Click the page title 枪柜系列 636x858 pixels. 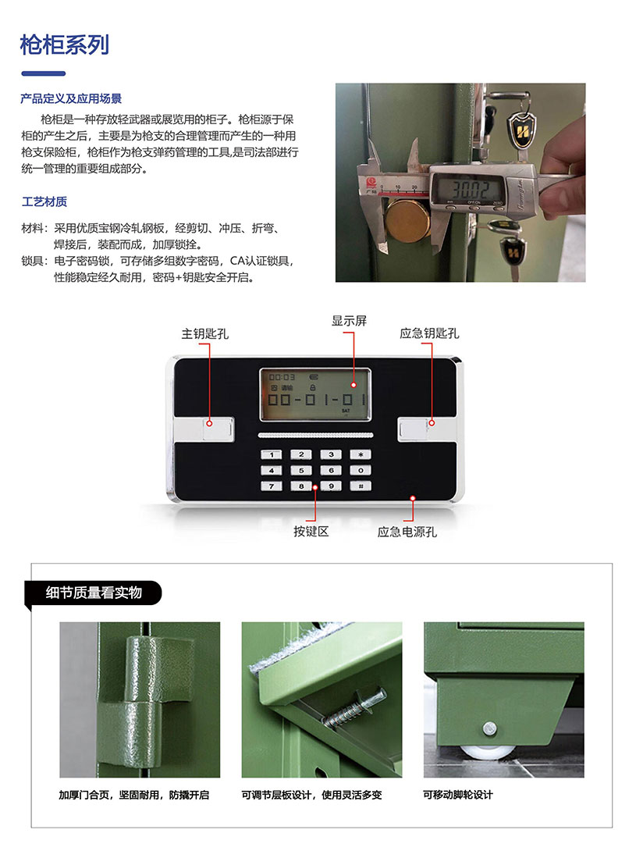[x=65, y=45]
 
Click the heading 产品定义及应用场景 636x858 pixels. [x=71, y=98]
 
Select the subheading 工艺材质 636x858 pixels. [x=44, y=202]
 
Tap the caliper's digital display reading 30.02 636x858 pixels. [x=469, y=190]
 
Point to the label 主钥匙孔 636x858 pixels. [x=205, y=334]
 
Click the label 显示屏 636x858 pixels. [x=349, y=321]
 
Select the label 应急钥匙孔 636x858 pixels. [x=429, y=333]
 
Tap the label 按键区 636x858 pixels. [x=311, y=532]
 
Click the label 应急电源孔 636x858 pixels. [x=407, y=532]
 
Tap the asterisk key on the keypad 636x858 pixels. [x=361, y=454]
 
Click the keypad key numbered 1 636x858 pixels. [x=272, y=454]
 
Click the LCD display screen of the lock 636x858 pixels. [x=315, y=394]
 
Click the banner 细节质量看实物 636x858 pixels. [x=94, y=593]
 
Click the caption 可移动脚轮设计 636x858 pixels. [x=458, y=795]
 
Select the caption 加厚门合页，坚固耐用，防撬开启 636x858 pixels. [x=134, y=795]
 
